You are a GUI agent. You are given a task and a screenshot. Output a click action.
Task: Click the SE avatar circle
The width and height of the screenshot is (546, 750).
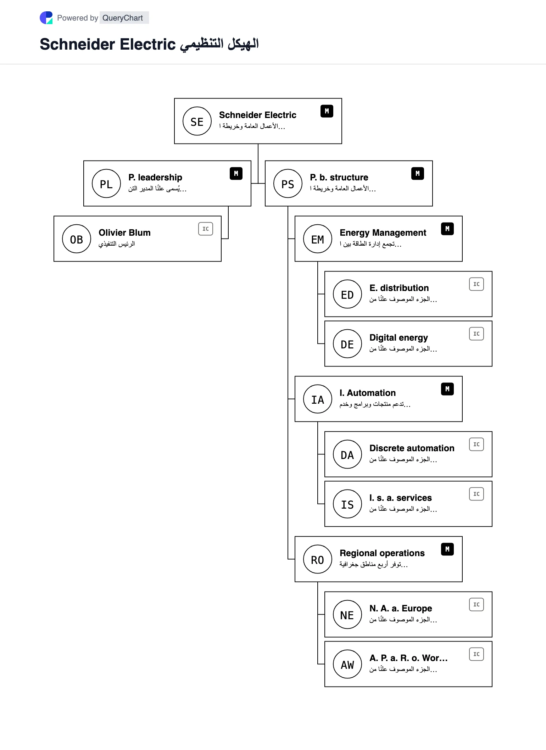(197, 121)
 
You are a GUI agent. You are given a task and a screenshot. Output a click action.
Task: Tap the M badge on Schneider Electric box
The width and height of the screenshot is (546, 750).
(327, 111)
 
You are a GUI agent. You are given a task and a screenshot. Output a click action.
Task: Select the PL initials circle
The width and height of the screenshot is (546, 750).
(106, 184)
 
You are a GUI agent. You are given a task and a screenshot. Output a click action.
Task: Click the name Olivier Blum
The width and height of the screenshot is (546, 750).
(124, 233)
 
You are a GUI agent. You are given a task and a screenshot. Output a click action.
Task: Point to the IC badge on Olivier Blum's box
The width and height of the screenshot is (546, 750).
(206, 229)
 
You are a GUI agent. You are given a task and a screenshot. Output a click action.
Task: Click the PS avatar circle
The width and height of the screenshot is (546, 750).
(288, 184)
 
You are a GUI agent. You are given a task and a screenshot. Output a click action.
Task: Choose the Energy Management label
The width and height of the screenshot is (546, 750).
(383, 233)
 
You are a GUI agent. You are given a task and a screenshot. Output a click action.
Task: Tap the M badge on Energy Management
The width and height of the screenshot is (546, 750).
(447, 229)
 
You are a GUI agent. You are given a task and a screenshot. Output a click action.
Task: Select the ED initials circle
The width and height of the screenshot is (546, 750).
(347, 294)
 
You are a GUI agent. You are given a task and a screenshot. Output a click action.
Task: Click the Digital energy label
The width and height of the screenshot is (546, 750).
(399, 338)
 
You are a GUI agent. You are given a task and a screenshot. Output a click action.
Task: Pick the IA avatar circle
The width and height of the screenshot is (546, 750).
(318, 399)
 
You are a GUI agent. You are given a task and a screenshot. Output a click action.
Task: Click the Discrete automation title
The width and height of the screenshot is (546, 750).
(412, 448)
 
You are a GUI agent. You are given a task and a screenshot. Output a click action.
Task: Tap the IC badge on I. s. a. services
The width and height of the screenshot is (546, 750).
(477, 494)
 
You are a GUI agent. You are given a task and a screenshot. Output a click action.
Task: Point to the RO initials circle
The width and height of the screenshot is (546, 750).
(318, 559)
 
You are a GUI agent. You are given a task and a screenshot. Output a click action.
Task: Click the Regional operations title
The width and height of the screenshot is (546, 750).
(382, 553)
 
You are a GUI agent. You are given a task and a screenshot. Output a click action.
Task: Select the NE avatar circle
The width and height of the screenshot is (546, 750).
(347, 615)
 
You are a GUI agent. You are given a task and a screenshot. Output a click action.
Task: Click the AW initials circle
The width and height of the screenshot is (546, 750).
(347, 664)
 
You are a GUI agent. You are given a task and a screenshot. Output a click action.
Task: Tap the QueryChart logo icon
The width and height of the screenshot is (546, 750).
(46, 18)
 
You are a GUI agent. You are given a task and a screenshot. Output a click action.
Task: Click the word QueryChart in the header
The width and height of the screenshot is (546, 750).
(123, 18)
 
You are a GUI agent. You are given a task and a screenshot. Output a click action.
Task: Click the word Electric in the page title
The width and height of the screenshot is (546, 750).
(147, 44)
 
